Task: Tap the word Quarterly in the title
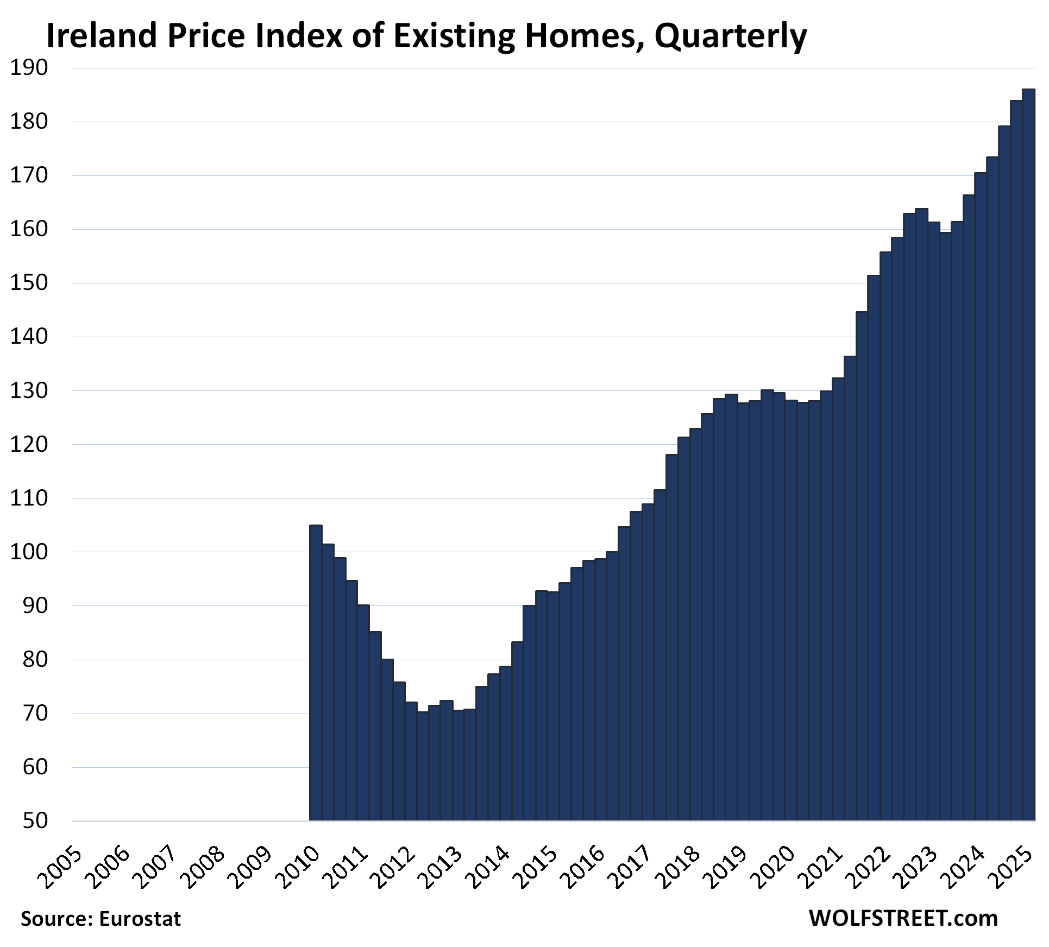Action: [x=730, y=37]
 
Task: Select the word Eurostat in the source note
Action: [x=140, y=919]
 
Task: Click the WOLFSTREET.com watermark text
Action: [x=903, y=919]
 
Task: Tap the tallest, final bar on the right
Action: [x=1028, y=456]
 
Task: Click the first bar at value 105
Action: [x=316, y=673]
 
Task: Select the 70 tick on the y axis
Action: [x=35, y=713]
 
